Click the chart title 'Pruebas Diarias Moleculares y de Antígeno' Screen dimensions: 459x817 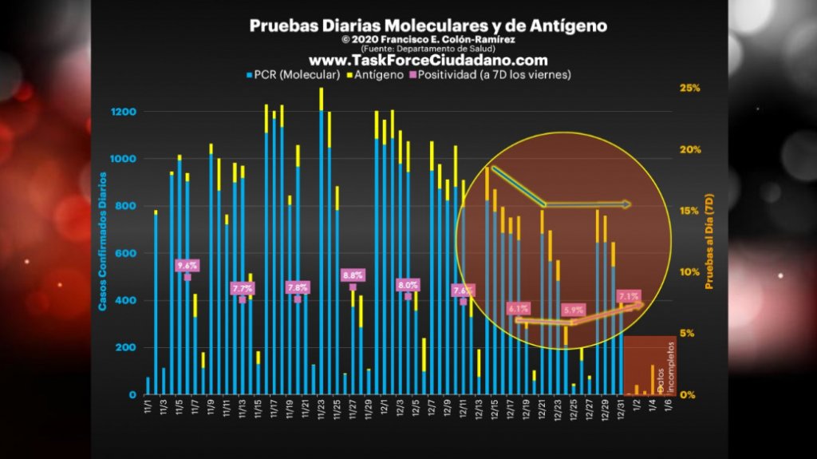428,26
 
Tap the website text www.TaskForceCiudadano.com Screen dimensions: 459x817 428,61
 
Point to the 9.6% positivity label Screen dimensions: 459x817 187,265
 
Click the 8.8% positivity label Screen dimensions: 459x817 353,275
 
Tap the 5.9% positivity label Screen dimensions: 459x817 573,310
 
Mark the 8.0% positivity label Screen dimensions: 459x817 408,285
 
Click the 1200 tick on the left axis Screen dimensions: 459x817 124,112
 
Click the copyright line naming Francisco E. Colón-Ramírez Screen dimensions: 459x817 428,39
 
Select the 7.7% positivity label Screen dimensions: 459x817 243,288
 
